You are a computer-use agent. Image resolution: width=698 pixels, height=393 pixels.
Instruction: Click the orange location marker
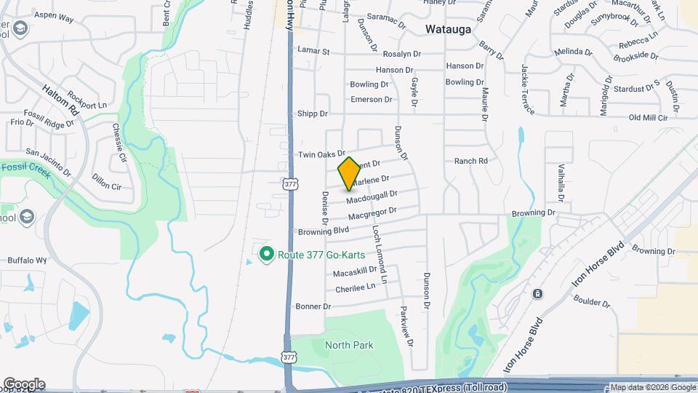(x=349, y=173)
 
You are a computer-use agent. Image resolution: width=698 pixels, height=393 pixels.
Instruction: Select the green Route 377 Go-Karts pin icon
(x=267, y=254)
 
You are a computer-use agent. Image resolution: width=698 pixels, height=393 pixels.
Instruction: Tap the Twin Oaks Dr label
(x=321, y=155)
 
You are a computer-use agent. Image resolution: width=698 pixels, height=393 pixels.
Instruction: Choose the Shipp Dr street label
(x=313, y=114)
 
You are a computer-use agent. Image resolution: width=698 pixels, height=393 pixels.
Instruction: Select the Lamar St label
(x=313, y=52)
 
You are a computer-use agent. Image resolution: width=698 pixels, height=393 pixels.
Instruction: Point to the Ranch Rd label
(x=470, y=161)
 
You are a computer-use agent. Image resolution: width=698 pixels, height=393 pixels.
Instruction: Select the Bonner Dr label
(x=313, y=306)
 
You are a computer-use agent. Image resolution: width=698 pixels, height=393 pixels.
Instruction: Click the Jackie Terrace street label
(x=528, y=89)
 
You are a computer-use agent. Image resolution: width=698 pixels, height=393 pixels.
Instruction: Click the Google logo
(x=23, y=384)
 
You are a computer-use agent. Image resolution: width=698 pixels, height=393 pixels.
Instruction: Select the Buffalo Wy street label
(x=27, y=260)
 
